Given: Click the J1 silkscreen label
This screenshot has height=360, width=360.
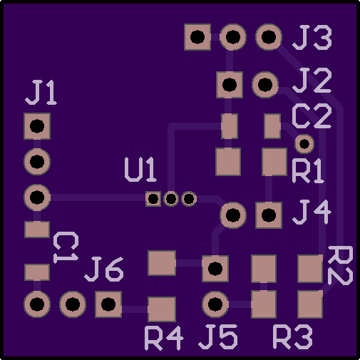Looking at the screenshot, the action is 41,93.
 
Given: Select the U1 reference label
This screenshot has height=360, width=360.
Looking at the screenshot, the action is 140,170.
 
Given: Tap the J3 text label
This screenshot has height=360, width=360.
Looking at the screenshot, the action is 312,38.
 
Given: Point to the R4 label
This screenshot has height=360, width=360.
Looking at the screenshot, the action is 164,338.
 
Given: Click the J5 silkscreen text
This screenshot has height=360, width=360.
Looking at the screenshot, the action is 218,337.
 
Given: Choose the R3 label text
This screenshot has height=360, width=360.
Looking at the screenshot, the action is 293,337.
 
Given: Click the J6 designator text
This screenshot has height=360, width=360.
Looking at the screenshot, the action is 104,269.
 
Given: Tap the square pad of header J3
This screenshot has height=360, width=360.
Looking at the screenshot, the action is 197,37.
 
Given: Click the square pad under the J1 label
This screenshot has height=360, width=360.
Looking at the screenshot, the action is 37,126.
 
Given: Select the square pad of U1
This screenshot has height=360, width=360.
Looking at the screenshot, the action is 153,199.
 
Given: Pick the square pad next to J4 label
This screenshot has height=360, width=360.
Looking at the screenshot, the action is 269,215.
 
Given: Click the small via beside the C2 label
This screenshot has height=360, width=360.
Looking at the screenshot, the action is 304,144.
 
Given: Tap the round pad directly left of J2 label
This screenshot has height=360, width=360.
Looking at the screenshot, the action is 265,85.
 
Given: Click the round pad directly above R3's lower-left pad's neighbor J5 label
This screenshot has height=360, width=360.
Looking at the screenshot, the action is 215,304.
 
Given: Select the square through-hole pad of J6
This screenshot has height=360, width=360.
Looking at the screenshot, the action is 108,304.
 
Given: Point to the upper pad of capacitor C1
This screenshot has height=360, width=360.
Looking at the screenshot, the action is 37,230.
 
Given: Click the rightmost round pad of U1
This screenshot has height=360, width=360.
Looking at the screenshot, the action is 189,199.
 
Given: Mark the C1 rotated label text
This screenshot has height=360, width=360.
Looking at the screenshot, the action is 66,247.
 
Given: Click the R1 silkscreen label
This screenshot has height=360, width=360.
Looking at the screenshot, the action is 308,171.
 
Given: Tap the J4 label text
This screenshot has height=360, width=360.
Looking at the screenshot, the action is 312,212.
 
